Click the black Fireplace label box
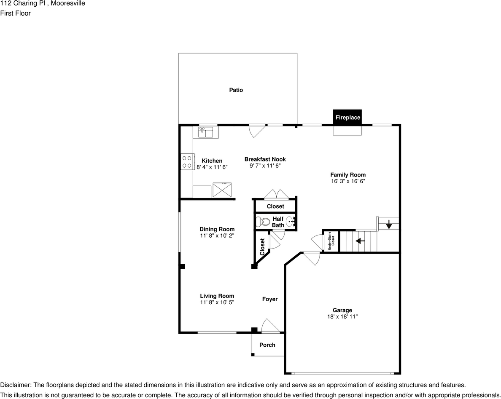coord(347,118)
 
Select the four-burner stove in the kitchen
coord(187,162)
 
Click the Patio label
coord(236,90)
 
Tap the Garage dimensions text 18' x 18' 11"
coord(342,316)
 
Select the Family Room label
coord(348,175)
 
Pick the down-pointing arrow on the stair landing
coord(389,225)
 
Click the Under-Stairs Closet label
coord(331,241)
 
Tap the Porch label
coord(267,345)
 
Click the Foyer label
coord(270,299)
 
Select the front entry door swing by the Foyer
coord(270,326)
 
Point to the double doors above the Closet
coord(276,194)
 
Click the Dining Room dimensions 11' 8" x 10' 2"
coord(217,236)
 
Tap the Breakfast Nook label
coord(265,159)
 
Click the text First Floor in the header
coord(16,13)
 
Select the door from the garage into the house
coord(311,258)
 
